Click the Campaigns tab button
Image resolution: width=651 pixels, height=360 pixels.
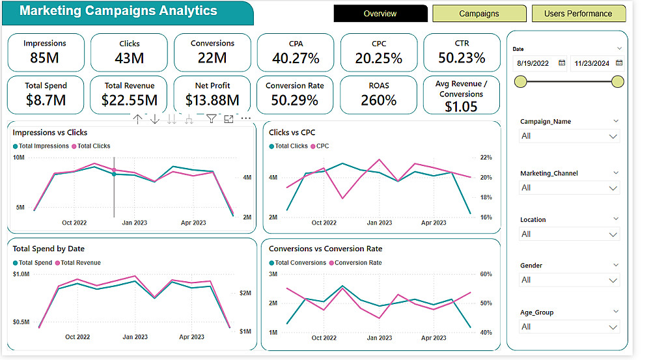coord(478,14)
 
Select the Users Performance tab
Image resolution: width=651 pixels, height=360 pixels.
coord(578,14)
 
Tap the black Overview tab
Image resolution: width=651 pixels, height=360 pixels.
coord(380,14)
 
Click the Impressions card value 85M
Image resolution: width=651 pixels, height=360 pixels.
coord(45,58)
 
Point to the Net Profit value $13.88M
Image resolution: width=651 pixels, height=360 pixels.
coord(212,100)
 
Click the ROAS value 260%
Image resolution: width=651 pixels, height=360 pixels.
coord(378,100)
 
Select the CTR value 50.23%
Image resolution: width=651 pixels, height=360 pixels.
coord(462,58)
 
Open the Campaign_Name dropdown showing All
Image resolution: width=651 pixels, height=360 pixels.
coord(569,136)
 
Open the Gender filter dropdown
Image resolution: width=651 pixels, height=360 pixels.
coord(569,280)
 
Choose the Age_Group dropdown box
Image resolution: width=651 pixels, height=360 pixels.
coord(569,327)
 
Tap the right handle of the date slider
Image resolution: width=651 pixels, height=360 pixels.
coord(618,81)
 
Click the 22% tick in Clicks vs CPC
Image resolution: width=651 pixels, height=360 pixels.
coord(486,158)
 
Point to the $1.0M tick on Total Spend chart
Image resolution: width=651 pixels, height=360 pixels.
coord(21,274)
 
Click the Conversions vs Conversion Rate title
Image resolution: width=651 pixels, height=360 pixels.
coord(325,249)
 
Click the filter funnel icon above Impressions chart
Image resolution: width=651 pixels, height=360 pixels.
coord(211,118)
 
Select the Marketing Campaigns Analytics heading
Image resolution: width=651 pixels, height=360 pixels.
coord(118,11)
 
